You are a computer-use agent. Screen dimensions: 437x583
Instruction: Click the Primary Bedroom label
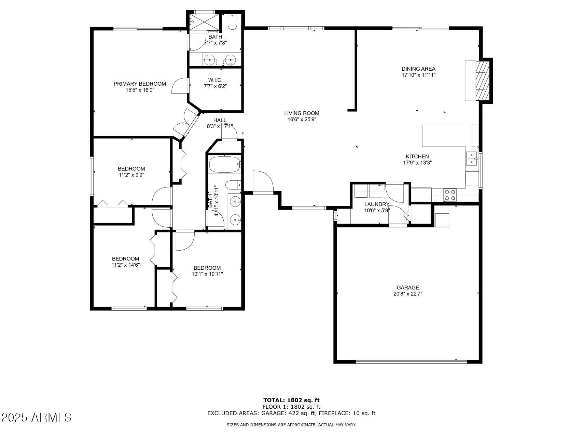pyautogui.click(x=140, y=84)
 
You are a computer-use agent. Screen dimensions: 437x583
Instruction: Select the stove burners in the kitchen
pyautogui.click(x=450, y=195)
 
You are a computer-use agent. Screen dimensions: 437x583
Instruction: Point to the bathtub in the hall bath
pyautogui.click(x=225, y=165)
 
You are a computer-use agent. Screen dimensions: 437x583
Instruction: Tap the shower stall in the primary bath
pyautogui.click(x=204, y=22)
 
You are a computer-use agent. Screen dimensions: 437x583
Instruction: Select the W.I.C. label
pyautogui.click(x=215, y=80)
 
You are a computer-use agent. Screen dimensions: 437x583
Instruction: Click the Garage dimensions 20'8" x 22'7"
pyautogui.click(x=407, y=294)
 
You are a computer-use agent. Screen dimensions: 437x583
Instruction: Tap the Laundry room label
pyautogui.click(x=377, y=204)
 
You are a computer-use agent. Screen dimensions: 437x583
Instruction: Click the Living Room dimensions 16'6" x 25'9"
pyautogui.click(x=302, y=119)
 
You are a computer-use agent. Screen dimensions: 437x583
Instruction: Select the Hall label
pyautogui.click(x=220, y=120)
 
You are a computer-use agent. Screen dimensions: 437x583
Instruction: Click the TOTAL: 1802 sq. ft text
pyautogui.click(x=291, y=400)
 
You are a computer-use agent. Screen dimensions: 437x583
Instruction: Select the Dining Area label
pyautogui.click(x=418, y=69)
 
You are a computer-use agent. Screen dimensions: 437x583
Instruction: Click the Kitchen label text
pyautogui.click(x=417, y=156)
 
